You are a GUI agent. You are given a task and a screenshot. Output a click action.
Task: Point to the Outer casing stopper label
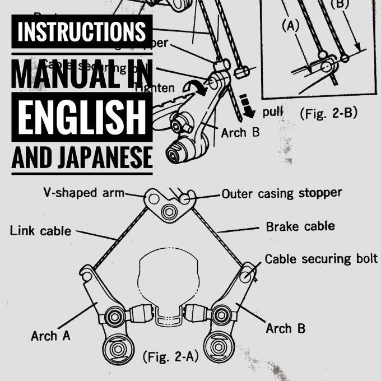[x=281, y=194]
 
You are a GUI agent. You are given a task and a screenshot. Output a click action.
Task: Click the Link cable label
[x=40, y=230]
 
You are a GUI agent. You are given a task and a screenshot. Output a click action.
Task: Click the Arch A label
[x=50, y=336]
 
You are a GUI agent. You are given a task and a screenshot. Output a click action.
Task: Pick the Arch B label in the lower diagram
[x=286, y=328]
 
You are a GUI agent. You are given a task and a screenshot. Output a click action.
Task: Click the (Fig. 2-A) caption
[x=170, y=356]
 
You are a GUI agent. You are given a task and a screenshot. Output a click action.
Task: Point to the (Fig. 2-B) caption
[x=329, y=114]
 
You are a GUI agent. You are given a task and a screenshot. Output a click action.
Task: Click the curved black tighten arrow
[x=198, y=88]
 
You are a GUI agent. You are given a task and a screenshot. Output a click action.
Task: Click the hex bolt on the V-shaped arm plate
[x=168, y=213]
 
